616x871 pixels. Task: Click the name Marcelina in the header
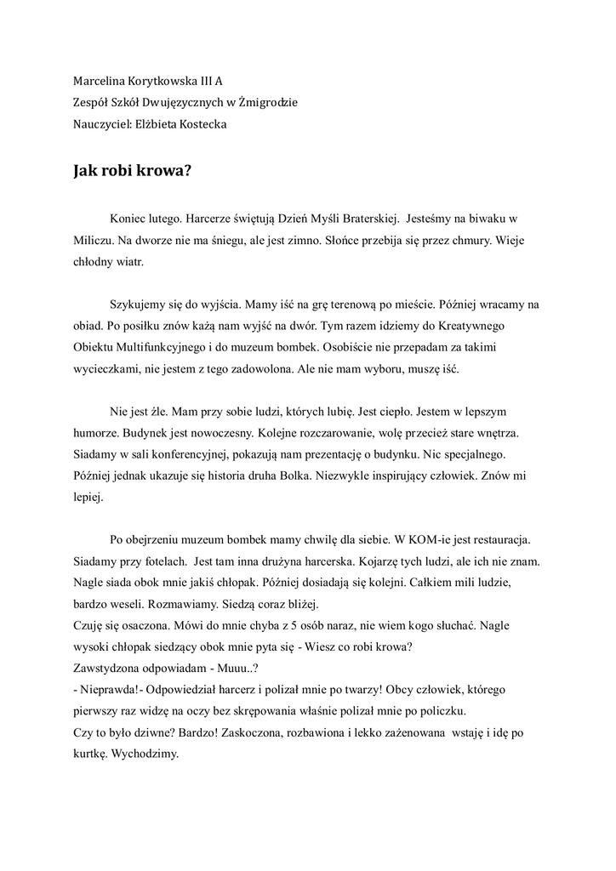coord(99,83)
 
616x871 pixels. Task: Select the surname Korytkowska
coord(163,83)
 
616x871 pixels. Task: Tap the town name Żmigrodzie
coord(267,103)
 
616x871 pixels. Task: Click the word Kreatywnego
coord(492,325)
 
